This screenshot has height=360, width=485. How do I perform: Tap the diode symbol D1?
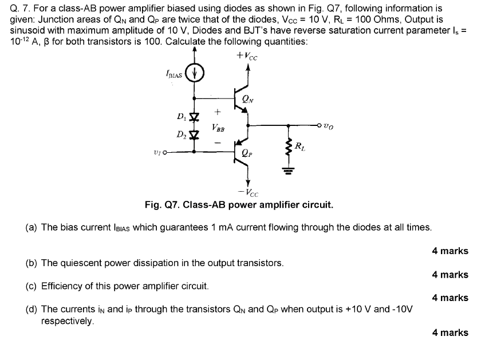point(194,117)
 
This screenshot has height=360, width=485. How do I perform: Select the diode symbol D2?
point(194,136)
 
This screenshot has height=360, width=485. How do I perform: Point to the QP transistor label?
point(247,153)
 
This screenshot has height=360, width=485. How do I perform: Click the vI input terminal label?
point(157,152)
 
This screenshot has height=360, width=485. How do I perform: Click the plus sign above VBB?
point(217,112)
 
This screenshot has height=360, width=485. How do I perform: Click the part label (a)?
point(32,227)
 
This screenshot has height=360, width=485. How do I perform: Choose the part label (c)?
point(32,285)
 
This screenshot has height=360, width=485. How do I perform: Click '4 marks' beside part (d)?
point(450,333)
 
